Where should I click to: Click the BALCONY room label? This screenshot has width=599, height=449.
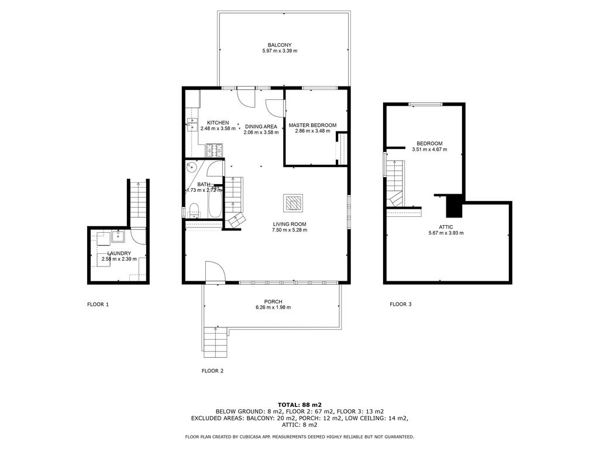click(x=280, y=45)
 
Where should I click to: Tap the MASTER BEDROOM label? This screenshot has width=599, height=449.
click(x=312, y=125)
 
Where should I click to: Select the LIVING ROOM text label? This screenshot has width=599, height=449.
click(x=290, y=224)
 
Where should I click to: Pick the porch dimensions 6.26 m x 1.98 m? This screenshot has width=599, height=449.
click(x=273, y=308)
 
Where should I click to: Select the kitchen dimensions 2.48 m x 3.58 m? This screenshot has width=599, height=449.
click(x=218, y=129)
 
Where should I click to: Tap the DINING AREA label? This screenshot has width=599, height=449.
click(x=261, y=126)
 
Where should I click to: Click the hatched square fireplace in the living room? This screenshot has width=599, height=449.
click(x=294, y=203)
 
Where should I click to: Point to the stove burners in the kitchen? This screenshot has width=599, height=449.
click(x=214, y=150)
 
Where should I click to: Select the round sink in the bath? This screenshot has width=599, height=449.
click(x=191, y=168)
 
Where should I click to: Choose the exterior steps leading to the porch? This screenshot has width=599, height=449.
click(x=215, y=342)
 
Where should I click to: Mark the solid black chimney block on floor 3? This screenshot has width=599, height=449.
click(x=454, y=206)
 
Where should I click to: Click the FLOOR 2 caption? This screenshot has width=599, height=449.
click(x=212, y=371)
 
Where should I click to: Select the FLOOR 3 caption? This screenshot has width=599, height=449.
click(x=401, y=304)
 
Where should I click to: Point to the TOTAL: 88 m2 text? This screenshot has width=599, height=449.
click(x=299, y=405)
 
